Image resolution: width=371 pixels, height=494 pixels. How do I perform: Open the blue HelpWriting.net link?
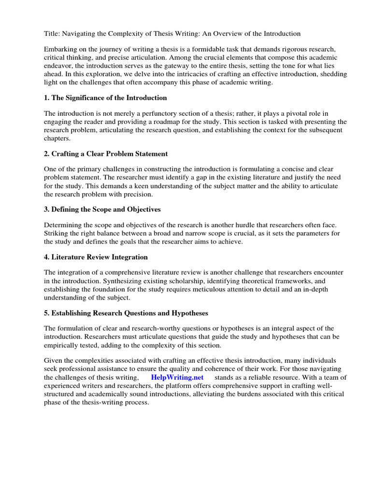tap(177, 377)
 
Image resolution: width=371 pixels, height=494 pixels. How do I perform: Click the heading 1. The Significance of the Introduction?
tap(105, 98)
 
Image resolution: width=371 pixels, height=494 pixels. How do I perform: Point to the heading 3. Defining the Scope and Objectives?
tap(102, 209)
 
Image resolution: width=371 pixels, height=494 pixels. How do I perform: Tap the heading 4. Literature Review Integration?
tap(96, 257)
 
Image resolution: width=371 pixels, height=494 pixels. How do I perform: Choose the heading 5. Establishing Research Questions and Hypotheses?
tap(126, 313)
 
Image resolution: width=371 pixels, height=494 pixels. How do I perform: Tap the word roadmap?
tap(185, 122)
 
